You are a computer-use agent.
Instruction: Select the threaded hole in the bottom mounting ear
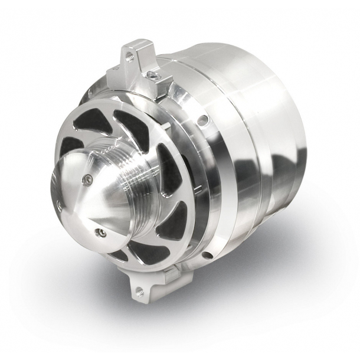point(140,289)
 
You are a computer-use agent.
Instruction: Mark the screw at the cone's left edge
point(60,204)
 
